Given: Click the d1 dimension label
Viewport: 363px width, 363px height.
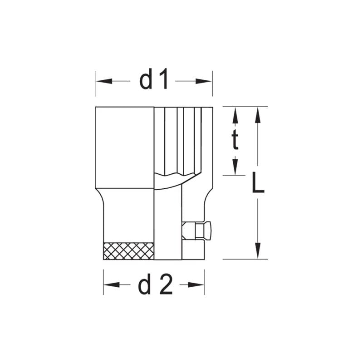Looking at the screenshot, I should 154,81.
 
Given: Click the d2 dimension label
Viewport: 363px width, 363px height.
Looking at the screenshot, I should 155,285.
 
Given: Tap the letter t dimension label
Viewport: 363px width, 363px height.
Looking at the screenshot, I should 235,141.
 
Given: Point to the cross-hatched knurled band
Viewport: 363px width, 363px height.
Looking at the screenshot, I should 129,251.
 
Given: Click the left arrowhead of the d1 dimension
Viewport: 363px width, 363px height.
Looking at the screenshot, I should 102,81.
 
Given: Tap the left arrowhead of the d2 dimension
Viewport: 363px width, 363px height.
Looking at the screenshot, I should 110,285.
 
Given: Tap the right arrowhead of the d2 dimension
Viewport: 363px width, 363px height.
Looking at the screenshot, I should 198,285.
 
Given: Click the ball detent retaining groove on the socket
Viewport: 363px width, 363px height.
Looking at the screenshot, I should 197,231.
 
